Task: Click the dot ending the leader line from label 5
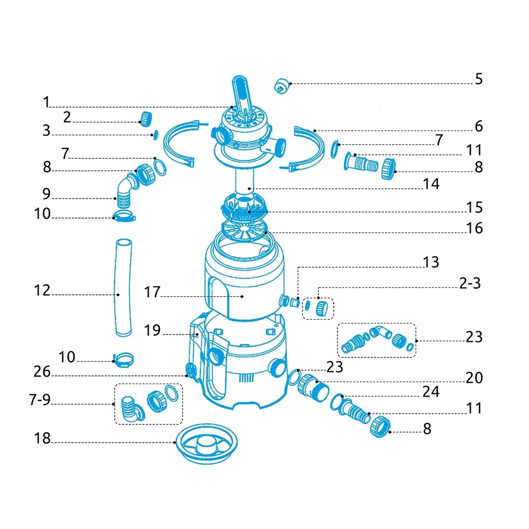pyautogui.click(x=291, y=84)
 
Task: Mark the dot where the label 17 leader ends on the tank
pyautogui.click(x=242, y=296)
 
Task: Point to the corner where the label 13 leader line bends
pyautogui.click(x=298, y=267)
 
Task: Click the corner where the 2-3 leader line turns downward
pyautogui.click(x=318, y=287)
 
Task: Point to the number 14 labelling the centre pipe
pyautogui.click(x=431, y=184)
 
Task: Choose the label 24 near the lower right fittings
pyautogui.click(x=431, y=391)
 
